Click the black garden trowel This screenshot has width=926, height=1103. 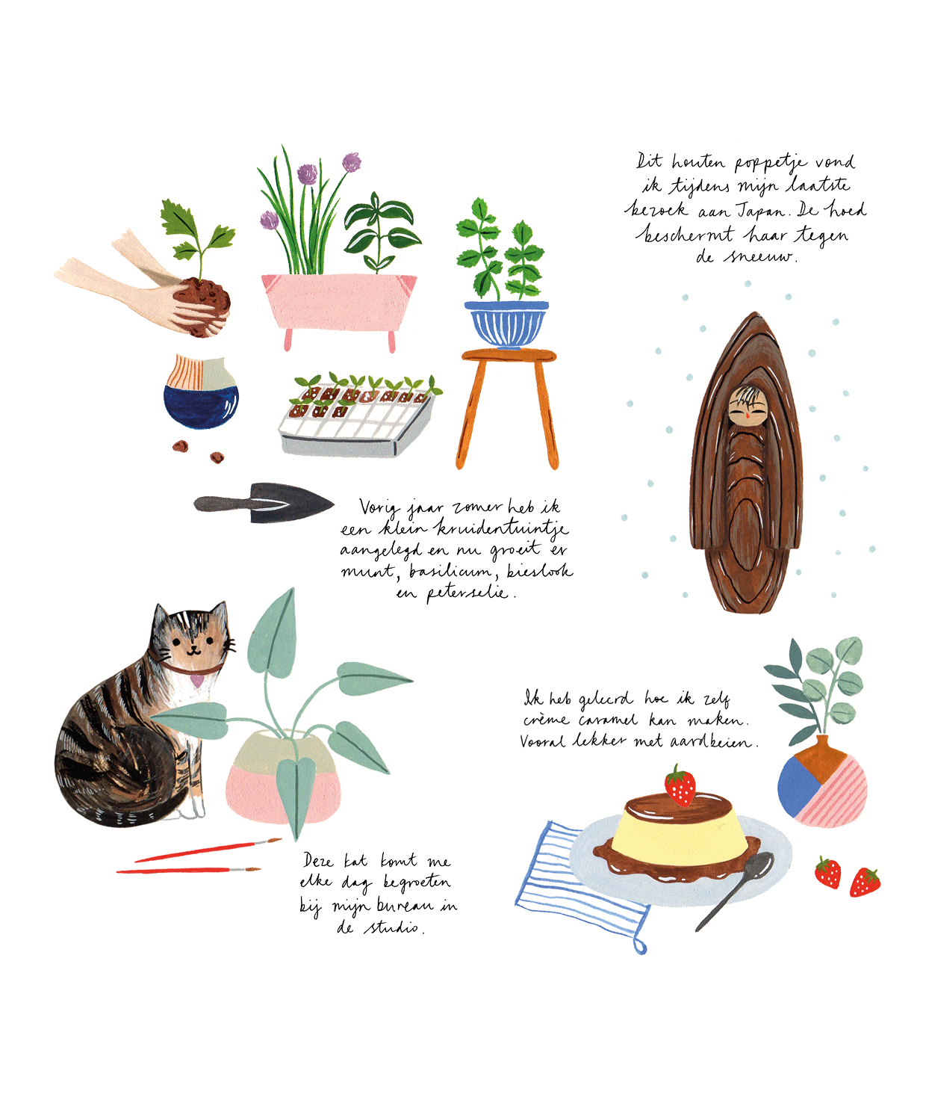264,502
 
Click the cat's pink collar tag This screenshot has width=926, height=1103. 196,679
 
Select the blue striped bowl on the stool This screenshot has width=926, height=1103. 506,324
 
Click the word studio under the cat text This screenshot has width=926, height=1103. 394,927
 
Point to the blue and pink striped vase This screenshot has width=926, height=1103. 822,782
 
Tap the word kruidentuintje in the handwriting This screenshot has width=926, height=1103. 502,529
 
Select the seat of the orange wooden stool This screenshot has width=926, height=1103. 509,356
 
